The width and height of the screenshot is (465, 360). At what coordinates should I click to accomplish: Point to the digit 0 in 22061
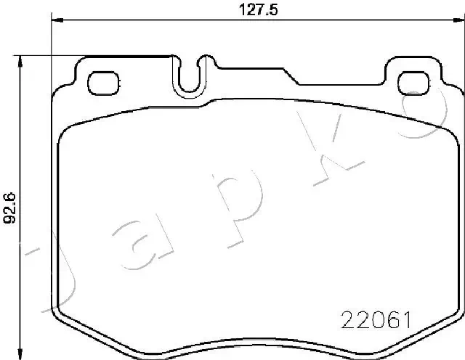coord(377,319)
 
